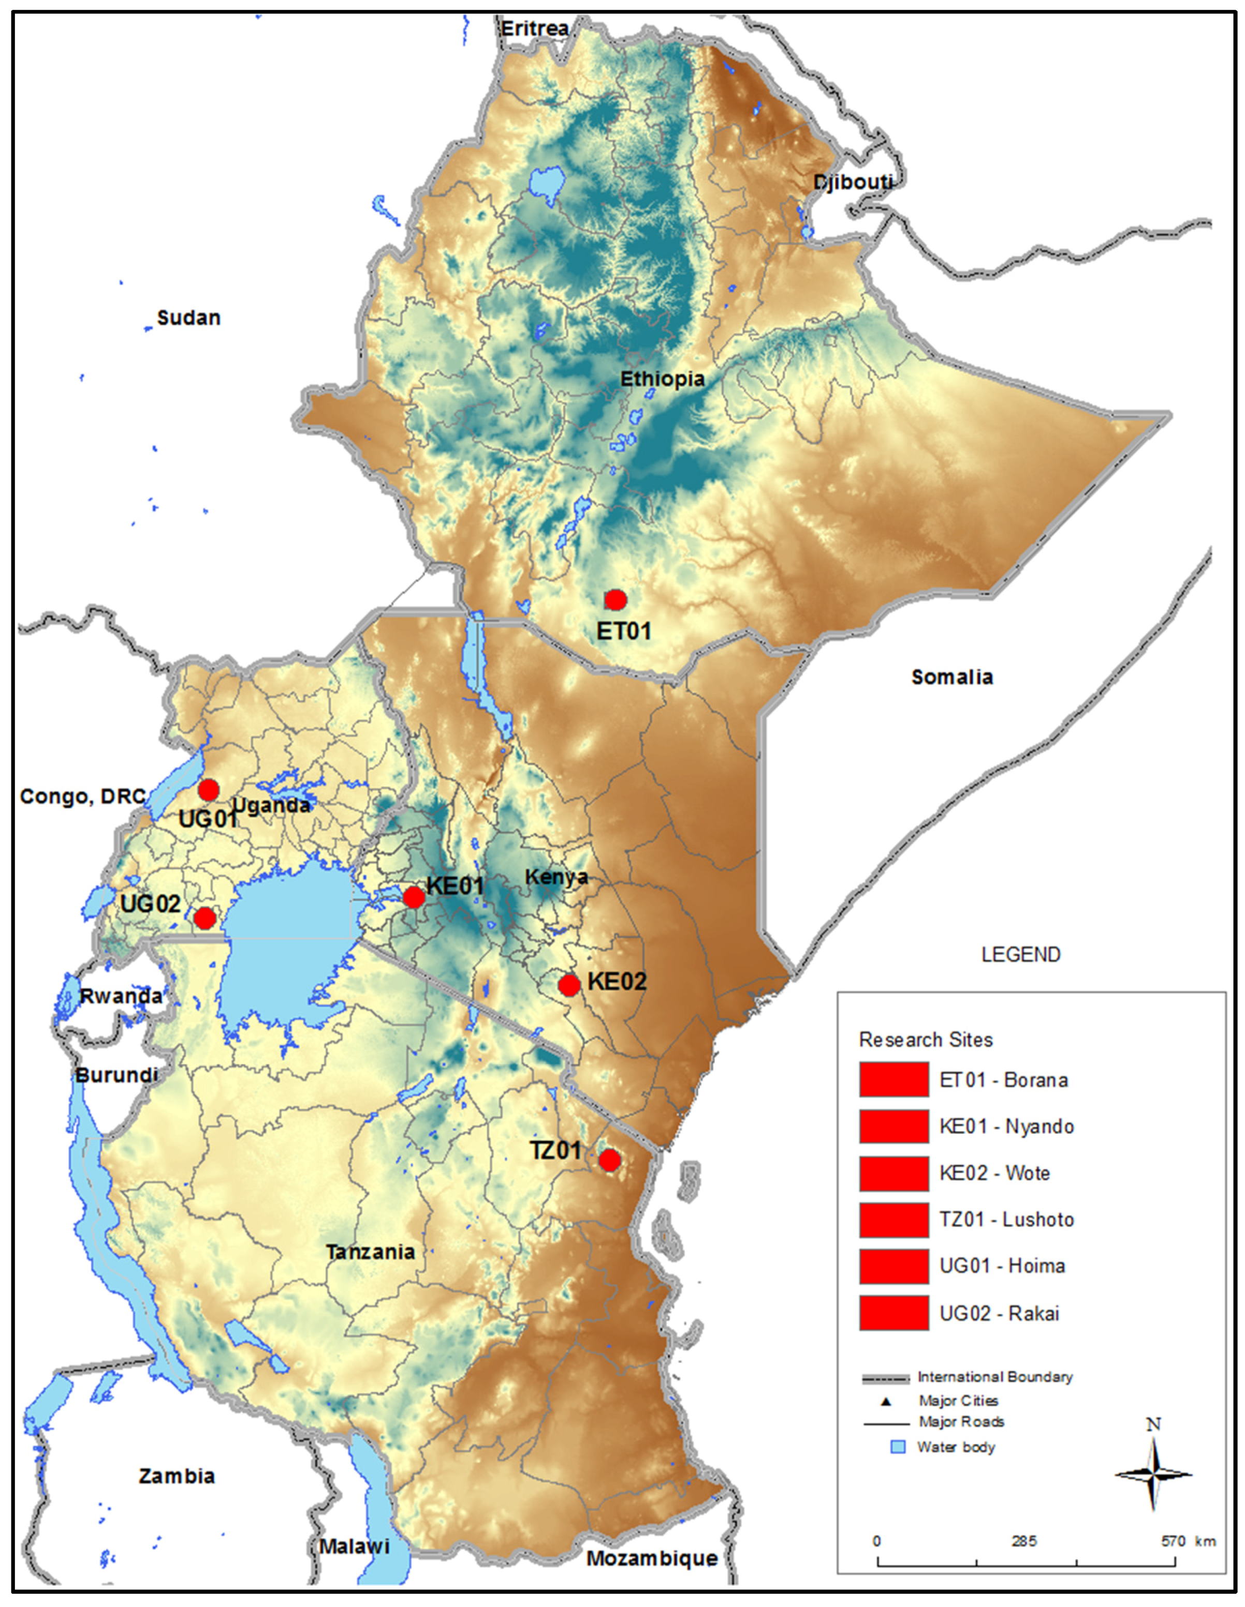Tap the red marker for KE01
[x=414, y=897]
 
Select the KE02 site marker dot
[x=568, y=984]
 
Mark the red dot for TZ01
[x=609, y=1160]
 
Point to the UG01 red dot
[x=209, y=789]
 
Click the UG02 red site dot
[x=204, y=918]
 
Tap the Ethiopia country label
[x=662, y=379]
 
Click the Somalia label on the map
[x=951, y=677]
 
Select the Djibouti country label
[x=853, y=182]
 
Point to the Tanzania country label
[x=370, y=1252]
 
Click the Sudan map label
[x=188, y=318]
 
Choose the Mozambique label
[x=652, y=1558]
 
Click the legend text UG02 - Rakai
[x=999, y=1313]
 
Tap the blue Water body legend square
[x=898, y=1447]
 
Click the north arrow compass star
[x=1153, y=1474]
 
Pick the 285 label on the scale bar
[x=1023, y=1541]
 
